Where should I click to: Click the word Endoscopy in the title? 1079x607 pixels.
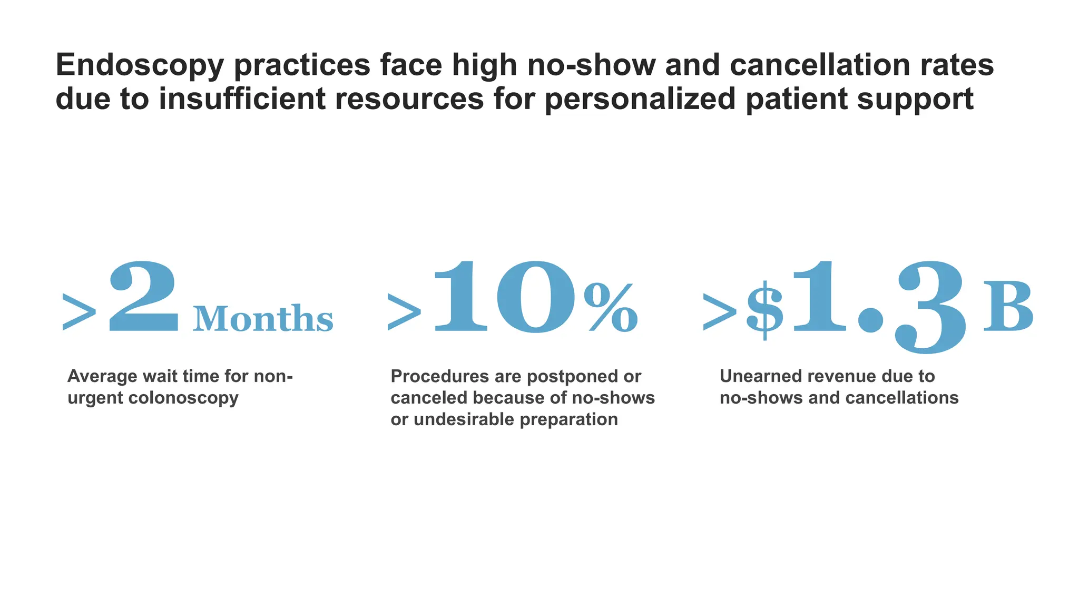click(x=140, y=66)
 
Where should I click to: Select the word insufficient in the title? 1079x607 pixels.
click(x=242, y=99)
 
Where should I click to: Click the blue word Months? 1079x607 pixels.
click(x=263, y=319)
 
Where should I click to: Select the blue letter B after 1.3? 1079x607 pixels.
click(x=1008, y=307)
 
